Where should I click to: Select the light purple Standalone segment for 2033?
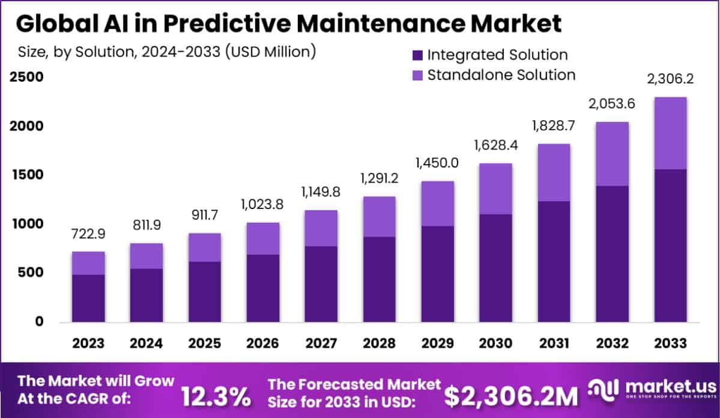[670, 133]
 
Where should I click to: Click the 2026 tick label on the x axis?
[262, 344]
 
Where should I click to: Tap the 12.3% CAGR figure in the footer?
[216, 396]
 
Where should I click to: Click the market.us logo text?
[670, 385]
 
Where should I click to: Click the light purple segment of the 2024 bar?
[147, 256]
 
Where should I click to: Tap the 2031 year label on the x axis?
[554, 344]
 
